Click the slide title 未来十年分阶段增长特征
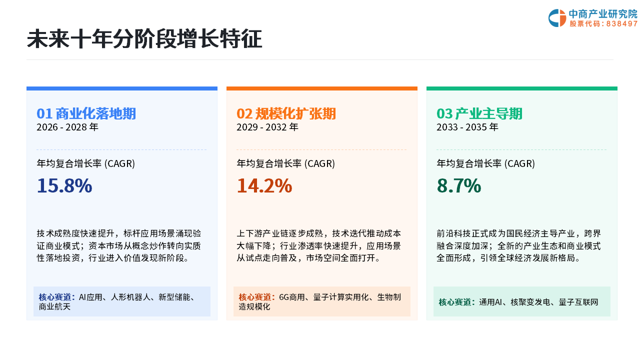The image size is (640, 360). click(x=144, y=38)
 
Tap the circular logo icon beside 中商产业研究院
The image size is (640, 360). click(x=557, y=18)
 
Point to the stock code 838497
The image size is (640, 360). click(x=622, y=23)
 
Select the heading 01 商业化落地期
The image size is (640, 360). click(x=86, y=113)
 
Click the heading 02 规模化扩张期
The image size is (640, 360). click(x=286, y=113)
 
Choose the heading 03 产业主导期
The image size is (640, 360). click(x=479, y=113)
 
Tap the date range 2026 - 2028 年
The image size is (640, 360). click(x=67, y=127)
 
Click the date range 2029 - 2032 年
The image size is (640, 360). click(x=267, y=127)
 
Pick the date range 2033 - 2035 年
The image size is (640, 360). click(x=467, y=127)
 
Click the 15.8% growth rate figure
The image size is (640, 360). click(x=64, y=185)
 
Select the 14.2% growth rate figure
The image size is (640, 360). click(x=264, y=185)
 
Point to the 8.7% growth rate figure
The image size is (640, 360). click(x=459, y=185)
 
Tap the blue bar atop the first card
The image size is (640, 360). click(x=122, y=88)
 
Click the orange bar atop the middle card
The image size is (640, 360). click(x=322, y=88)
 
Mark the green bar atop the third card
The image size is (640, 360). click(x=522, y=88)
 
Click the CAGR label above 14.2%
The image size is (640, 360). click(x=285, y=163)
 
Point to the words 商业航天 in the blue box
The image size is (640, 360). click(x=54, y=307)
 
